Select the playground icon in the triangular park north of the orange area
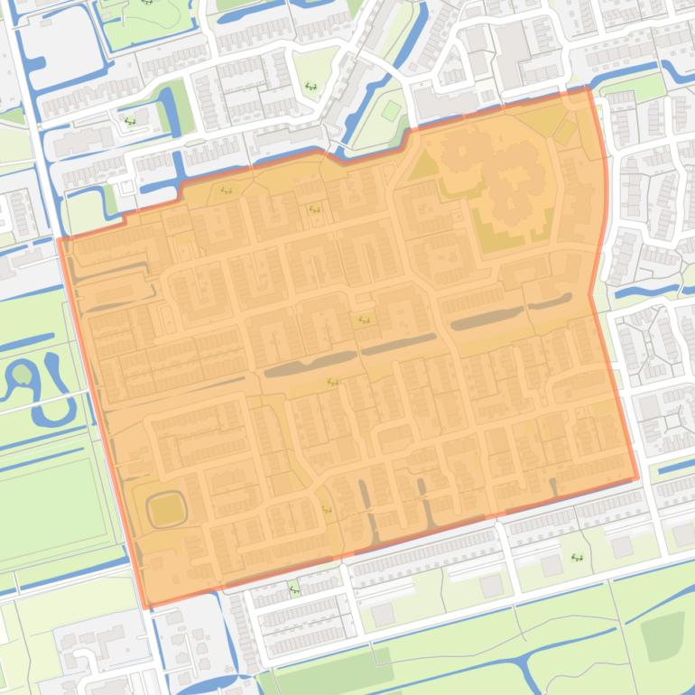(x=310, y=87)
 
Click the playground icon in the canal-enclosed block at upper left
(x=130, y=120)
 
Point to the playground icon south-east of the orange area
(x=577, y=558)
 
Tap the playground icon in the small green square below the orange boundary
(x=294, y=591)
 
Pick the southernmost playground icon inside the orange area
(x=327, y=509)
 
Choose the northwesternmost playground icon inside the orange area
(x=225, y=190)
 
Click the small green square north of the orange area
(x=390, y=111)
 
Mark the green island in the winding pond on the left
(x=20, y=373)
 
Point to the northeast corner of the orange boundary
(x=588, y=88)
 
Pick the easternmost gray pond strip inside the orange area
(x=550, y=301)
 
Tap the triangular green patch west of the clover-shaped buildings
(x=422, y=165)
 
